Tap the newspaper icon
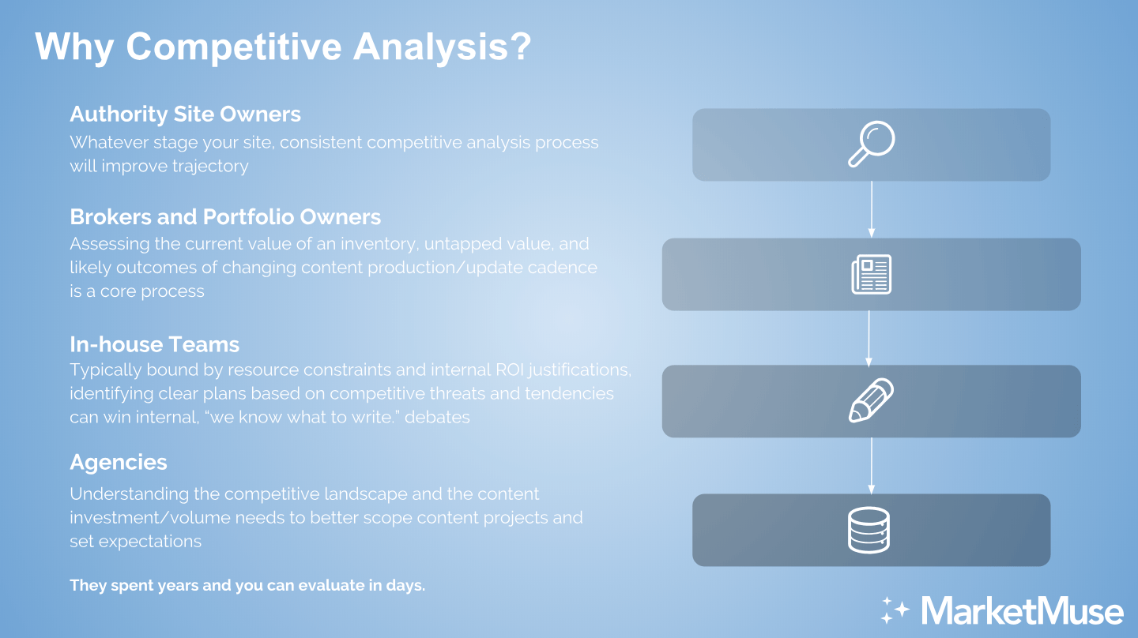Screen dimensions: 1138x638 point(871,275)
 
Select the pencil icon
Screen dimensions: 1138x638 point(871,400)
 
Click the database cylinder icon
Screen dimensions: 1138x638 point(869,530)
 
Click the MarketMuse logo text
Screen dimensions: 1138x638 point(1022,610)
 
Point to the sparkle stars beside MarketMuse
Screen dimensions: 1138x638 point(895,610)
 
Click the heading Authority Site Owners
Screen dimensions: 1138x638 point(186,114)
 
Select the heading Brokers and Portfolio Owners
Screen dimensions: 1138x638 point(225,216)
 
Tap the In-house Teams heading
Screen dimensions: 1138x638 point(154,344)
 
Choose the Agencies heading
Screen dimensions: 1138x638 point(119,463)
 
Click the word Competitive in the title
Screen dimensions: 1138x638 point(234,47)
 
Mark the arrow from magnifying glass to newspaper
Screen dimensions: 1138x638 point(871,209)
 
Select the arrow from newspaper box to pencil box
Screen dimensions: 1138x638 point(869,339)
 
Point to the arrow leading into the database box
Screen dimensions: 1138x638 point(871,466)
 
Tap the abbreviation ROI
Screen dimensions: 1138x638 point(510,370)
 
